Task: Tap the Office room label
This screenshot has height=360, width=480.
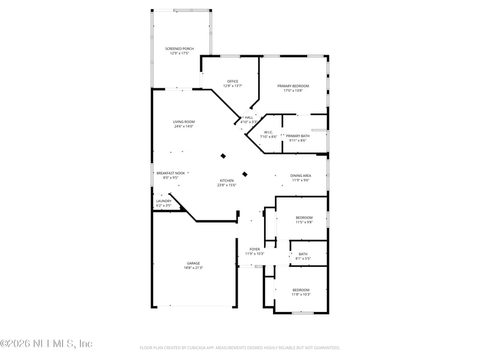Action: [233, 82]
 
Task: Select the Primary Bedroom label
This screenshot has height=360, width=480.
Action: [293, 86]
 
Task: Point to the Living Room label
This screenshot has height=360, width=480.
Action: [184, 122]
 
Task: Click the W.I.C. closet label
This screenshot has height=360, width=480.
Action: [268, 132]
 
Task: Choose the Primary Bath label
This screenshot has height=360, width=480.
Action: [298, 136]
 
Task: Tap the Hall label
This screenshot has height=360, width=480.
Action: [249, 118]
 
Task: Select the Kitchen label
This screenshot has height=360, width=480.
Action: [227, 181]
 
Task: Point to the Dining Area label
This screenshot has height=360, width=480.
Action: [301, 176]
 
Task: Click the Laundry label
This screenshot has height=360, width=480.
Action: [164, 201]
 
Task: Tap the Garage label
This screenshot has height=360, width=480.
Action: [193, 263]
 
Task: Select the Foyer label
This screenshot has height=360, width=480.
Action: [255, 249]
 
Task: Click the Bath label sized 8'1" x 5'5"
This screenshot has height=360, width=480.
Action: [303, 254]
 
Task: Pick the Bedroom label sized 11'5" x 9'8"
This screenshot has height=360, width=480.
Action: [304, 218]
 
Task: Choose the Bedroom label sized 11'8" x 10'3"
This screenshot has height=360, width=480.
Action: [301, 290]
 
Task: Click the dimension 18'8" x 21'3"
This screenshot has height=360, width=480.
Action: [193, 268]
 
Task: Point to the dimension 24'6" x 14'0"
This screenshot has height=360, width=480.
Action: [184, 126]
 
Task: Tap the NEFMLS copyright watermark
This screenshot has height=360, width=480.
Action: [46, 344]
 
